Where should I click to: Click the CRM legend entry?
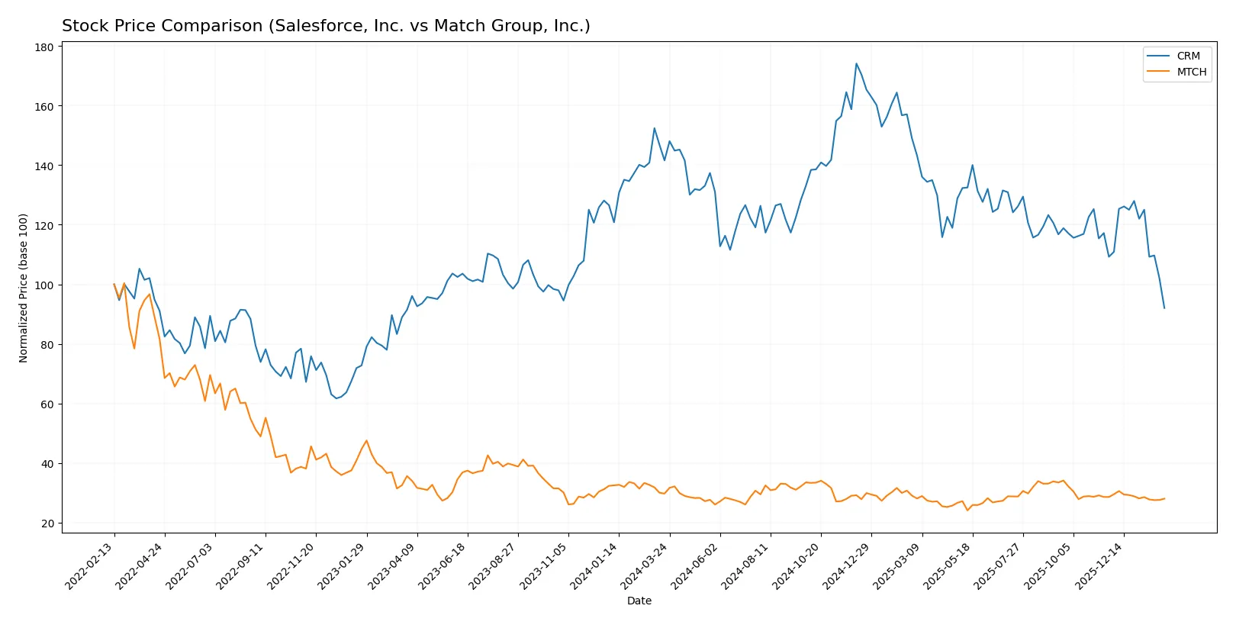(1187, 56)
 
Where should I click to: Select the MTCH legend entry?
(1191, 72)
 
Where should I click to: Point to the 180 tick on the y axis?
(44, 47)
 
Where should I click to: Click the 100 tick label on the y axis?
(44, 285)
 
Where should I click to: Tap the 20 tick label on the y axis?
(47, 524)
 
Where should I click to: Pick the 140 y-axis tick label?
(44, 166)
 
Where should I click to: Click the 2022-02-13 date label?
(91, 565)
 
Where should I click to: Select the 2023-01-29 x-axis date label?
(343, 565)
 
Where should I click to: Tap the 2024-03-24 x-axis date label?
(646, 565)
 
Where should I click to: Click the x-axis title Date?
(639, 601)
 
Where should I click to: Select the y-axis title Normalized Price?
(24, 288)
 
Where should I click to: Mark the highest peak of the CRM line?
(856, 63)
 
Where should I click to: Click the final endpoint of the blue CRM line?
(1164, 308)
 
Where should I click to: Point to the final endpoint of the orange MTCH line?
(1164, 499)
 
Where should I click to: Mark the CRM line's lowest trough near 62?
(336, 398)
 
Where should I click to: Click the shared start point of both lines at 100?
(114, 285)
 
